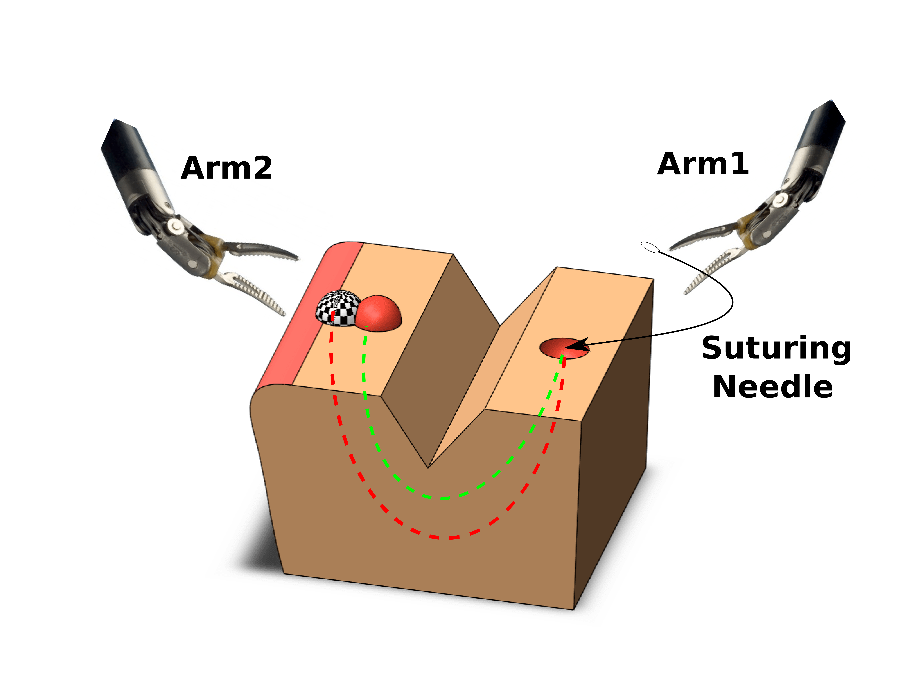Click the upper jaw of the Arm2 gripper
(262, 250)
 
